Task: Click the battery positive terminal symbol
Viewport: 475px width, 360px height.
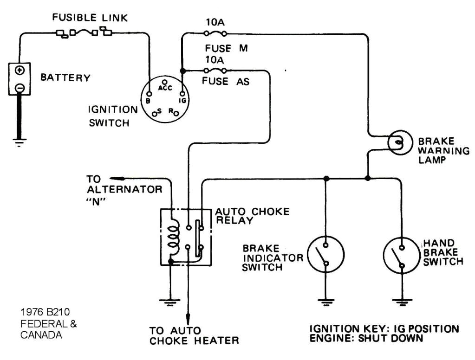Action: coord(20,71)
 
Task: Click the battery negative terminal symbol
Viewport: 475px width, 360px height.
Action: coord(20,87)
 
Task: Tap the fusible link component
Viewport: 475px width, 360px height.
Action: coord(84,32)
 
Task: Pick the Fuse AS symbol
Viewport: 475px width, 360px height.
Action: coord(215,71)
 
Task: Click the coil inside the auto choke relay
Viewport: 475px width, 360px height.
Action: coord(175,237)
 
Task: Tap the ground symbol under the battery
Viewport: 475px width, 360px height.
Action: coord(19,141)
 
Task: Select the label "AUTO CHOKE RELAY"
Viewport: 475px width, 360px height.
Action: coord(252,216)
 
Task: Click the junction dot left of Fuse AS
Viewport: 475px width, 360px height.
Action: coord(182,71)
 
